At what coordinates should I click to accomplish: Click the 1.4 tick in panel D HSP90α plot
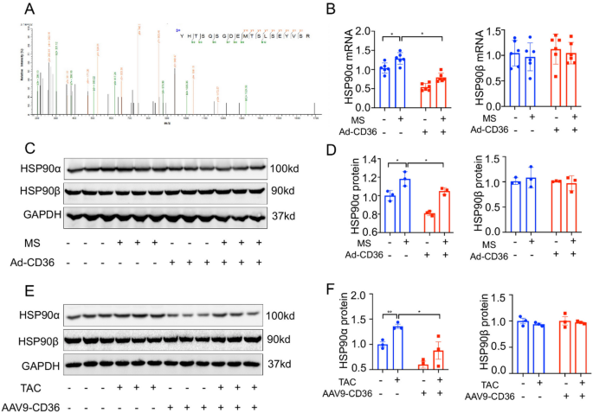365,160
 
